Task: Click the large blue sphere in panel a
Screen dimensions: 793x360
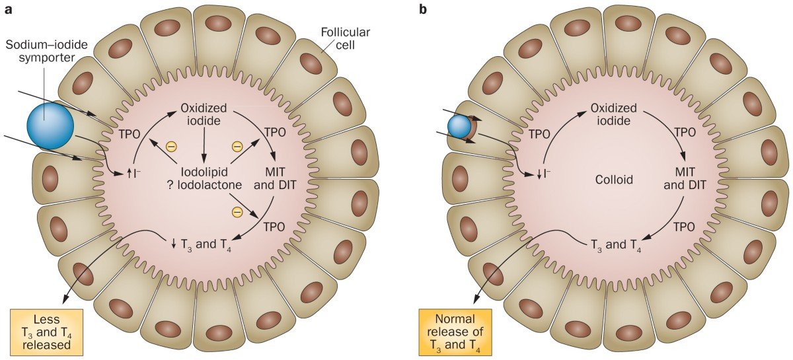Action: pyautogui.click(x=50, y=126)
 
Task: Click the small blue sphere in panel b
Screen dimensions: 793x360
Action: pyautogui.click(x=459, y=126)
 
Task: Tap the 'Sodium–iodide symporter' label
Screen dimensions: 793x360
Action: pyautogui.click(x=47, y=51)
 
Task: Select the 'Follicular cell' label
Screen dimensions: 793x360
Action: pyautogui.click(x=345, y=38)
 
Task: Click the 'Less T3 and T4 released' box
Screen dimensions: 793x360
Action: pyautogui.click(x=47, y=332)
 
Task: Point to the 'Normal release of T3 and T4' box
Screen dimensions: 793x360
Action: pyautogui.click(x=455, y=332)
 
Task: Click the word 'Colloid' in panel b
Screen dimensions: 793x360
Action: pyautogui.click(x=614, y=180)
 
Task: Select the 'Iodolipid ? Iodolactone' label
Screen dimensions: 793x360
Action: pyautogui.click(x=204, y=178)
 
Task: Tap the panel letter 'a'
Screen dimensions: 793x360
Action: pyautogui.click(x=9, y=10)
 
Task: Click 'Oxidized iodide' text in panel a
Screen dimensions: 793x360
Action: pyautogui.click(x=204, y=114)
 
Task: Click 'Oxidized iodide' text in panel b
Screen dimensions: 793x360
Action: pyautogui.click(x=613, y=114)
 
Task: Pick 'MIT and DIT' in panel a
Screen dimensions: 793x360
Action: pyautogui.click(x=275, y=178)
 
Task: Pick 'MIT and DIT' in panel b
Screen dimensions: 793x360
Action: pyautogui.click(x=685, y=178)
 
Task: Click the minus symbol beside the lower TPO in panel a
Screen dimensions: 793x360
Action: pyautogui.click(x=237, y=211)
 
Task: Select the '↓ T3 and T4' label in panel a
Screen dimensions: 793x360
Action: pyautogui.click(x=201, y=244)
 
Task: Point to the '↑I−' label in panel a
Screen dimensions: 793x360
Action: pyautogui.click(x=133, y=174)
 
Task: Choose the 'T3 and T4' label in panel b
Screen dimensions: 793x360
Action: pyautogui.click(x=616, y=244)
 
